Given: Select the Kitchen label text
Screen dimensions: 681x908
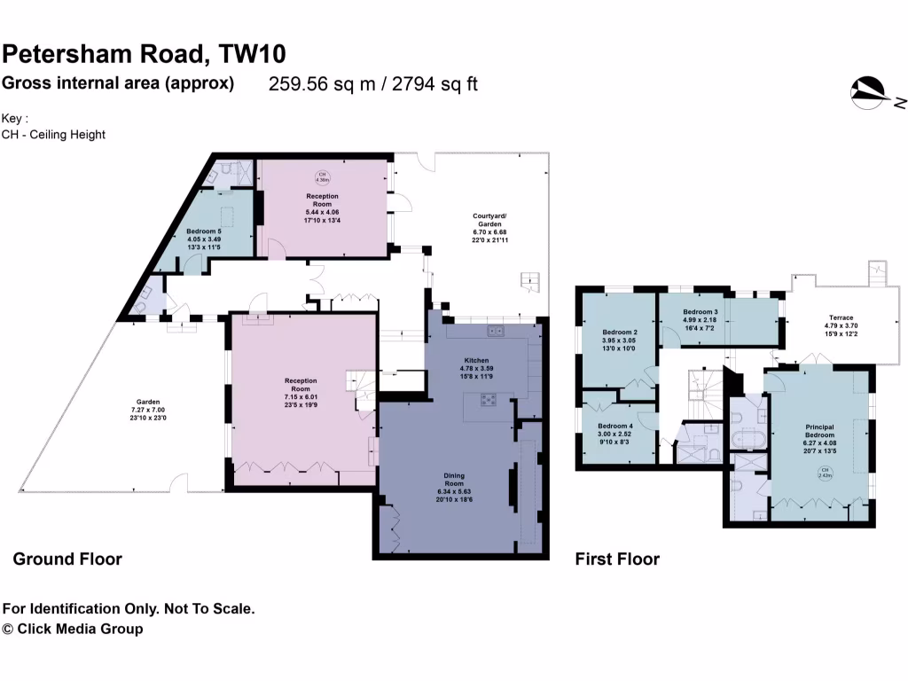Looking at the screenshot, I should pos(477,361).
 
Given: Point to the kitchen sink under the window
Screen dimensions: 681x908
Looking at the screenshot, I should pos(495,332).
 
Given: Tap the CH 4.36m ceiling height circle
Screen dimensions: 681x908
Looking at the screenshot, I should pos(323,176).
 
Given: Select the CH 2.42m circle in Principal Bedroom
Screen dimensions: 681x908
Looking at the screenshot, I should pos(825,473).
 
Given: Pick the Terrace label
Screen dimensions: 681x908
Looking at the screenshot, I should pos(841,317).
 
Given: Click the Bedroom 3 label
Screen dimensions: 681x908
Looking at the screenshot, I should pos(700,313).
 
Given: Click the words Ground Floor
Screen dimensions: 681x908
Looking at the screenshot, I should pos(67,560).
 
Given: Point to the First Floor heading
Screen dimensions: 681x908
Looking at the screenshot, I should pos(617,560).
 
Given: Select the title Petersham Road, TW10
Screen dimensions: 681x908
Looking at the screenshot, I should pos(145,54).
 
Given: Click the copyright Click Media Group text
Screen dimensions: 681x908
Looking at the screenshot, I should pos(73,630).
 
